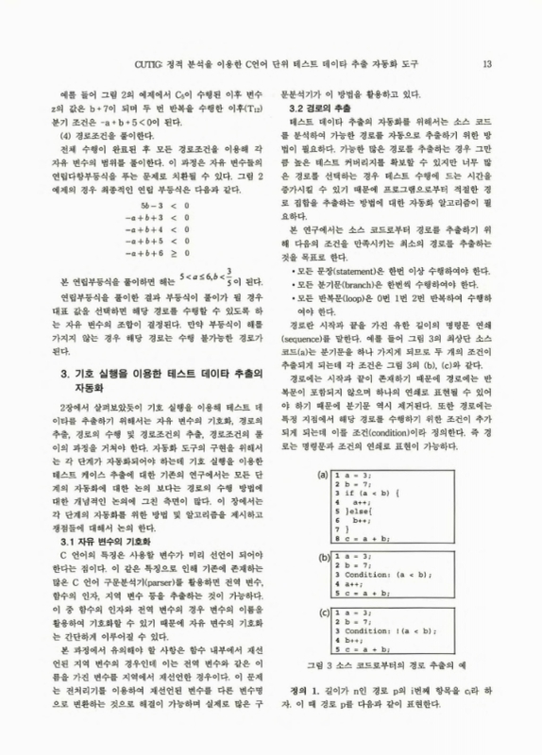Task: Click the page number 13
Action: pyautogui.click(x=487, y=64)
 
